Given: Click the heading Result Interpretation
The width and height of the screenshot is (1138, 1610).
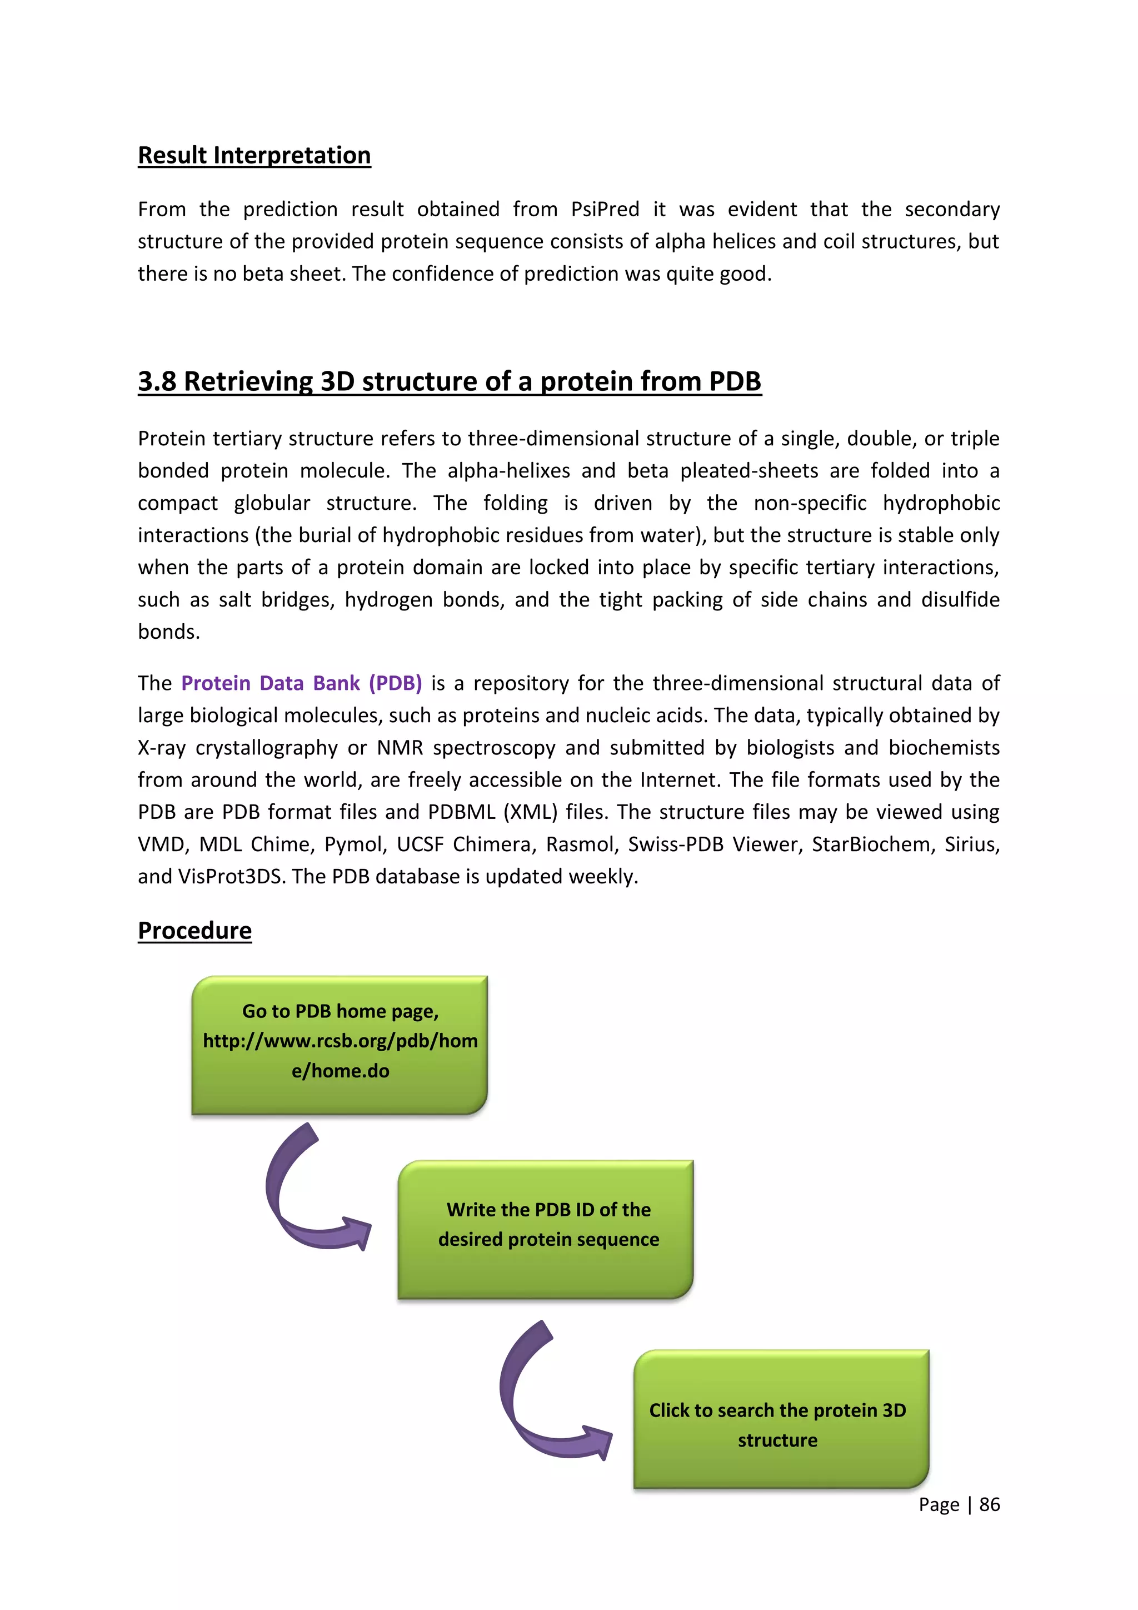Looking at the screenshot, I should [254, 155].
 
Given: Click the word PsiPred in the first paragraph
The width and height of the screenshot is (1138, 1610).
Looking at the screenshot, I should [605, 209].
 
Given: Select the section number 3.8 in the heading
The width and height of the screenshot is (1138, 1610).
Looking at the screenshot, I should [156, 381].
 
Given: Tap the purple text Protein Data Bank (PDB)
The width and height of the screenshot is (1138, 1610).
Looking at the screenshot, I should [301, 683].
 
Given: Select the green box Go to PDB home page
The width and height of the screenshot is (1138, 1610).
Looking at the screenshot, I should [340, 1044].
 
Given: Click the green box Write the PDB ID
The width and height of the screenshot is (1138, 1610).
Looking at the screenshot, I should [545, 1229].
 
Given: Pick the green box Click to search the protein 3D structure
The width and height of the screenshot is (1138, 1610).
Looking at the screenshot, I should [781, 1419].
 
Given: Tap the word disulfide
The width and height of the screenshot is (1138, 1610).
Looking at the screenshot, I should [960, 599].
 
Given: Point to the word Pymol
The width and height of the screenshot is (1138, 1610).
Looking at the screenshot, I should [355, 844].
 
